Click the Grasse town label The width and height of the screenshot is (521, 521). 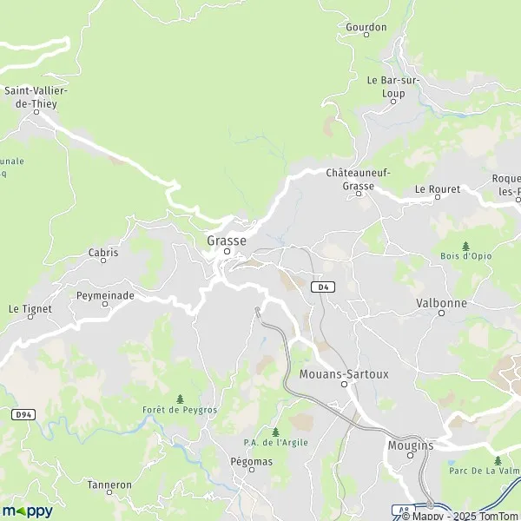click(x=227, y=241)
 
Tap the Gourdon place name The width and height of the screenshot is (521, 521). click(x=366, y=28)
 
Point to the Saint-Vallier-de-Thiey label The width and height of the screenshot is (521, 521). click(x=36, y=96)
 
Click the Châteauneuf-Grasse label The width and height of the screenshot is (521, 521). click(x=358, y=179)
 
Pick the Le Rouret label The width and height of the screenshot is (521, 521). click(x=435, y=188)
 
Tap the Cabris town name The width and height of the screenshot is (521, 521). click(x=102, y=253)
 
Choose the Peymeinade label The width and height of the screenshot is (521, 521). click(x=105, y=295)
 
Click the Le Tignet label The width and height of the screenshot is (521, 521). click(x=30, y=308)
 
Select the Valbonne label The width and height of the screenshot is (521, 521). click(x=441, y=303)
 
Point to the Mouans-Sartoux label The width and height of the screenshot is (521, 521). click(x=344, y=374)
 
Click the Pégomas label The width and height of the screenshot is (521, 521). click(x=252, y=461)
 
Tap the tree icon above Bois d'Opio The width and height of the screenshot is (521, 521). click(x=466, y=246)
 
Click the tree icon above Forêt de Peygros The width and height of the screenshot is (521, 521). click(x=180, y=398)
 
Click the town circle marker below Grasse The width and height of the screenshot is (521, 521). click(x=227, y=252)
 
